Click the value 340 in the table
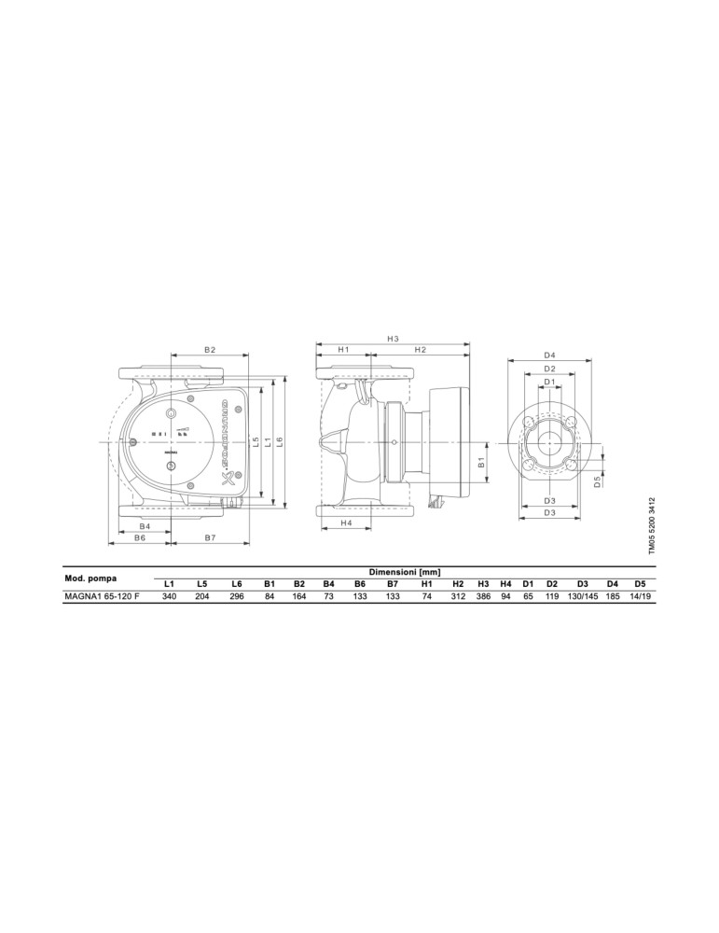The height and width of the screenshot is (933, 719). tap(169, 595)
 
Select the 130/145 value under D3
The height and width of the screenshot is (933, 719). tap(581, 595)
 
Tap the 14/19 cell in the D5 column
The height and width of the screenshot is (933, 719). tap(640, 595)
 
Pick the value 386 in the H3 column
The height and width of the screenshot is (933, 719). tap(483, 595)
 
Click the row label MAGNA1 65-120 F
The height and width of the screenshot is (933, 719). tap(102, 595)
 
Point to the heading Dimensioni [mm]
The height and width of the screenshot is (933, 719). tap(404, 571)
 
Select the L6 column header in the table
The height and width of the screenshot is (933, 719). tap(237, 583)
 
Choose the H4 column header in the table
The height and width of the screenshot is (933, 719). tap(506, 583)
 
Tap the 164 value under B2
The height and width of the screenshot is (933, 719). tap(299, 595)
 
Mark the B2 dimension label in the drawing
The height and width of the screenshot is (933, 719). tap(210, 349)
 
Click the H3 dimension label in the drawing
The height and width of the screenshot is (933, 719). tap(393, 338)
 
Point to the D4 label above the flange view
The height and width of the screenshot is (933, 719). tap(549, 355)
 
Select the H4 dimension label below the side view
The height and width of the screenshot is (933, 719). tap(346, 523)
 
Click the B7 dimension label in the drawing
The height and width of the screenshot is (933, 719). tap(210, 538)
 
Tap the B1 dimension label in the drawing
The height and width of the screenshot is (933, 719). tap(482, 461)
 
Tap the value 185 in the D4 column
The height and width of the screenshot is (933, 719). tap(613, 595)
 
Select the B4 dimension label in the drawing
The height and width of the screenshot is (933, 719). tap(145, 526)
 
